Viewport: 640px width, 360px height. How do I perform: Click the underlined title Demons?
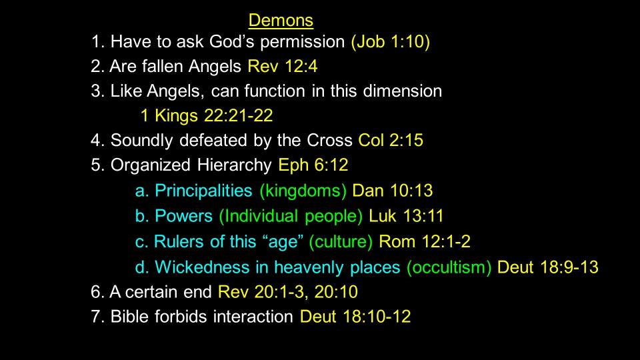click(x=281, y=20)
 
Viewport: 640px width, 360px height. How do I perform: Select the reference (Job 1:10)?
click(x=391, y=41)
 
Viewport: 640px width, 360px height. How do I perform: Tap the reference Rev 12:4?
click(x=283, y=66)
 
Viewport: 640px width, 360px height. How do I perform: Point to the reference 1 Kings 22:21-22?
click(x=207, y=115)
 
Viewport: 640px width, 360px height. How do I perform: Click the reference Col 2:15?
click(x=391, y=140)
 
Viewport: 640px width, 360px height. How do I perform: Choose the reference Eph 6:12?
click(x=313, y=165)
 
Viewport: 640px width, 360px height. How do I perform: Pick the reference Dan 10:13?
click(x=392, y=191)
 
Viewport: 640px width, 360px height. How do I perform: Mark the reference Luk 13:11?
click(x=406, y=216)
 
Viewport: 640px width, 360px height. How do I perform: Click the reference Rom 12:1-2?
click(x=425, y=241)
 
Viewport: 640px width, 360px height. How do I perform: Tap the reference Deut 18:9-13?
click(x=548, y=267)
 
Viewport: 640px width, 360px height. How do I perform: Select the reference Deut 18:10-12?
click(x=355, y=316)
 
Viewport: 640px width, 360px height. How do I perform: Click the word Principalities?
click(x=204, y=191)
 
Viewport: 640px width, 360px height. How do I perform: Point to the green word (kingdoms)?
click(x=303, y=191)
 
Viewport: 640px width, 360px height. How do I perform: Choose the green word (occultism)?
click(x=449, y=267)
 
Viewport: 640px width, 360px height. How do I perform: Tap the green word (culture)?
click(x=341, y=241)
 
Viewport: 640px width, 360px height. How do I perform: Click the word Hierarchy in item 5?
click(x=234, y=165)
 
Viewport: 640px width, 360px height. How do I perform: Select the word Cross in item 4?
click(x=329, y=140)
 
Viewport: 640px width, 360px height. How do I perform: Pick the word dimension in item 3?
click(x=403, y=91)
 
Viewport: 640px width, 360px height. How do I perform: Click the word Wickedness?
click(x=202, y=267)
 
